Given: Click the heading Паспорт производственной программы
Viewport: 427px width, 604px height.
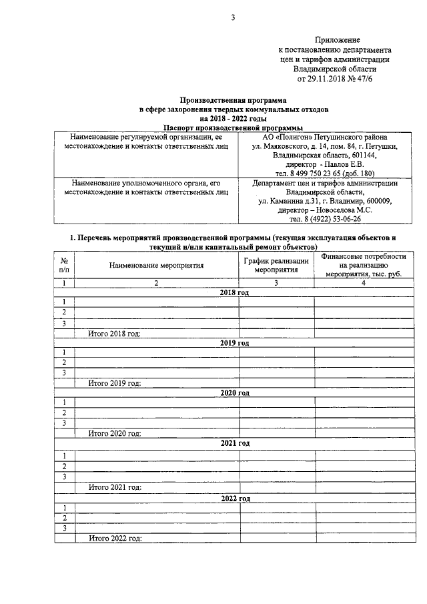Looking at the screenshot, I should tap(233, 126).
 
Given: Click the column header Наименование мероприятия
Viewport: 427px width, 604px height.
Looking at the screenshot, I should tap(156, 265).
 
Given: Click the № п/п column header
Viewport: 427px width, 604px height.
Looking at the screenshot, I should tap(64, 265).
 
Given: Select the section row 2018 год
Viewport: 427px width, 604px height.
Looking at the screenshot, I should tap(234, 292).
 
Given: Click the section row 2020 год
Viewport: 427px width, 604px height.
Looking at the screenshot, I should tap(234, 392).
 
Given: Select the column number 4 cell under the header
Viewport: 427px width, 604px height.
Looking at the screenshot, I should tap(363, 283).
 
